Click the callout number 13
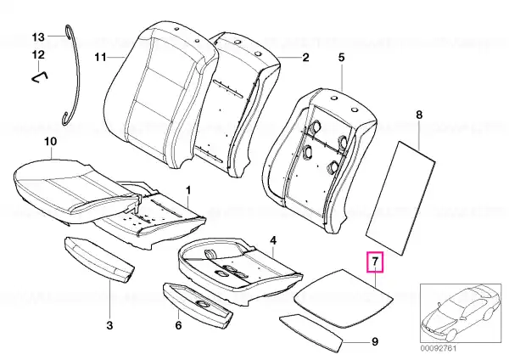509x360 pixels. point(38,37)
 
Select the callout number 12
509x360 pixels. point(38,54)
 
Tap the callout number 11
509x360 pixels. point(100,57)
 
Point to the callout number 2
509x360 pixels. point(305,58)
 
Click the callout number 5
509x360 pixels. point(341,58)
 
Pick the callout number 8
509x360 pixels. point(419,115)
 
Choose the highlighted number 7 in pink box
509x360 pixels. point(375,262)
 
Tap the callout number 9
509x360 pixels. point(375,342)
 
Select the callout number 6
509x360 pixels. point(178,325)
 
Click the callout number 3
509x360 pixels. point(109,325)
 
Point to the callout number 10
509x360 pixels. point(51,141)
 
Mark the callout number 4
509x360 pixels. point(273,241)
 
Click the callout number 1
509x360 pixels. point(188,190)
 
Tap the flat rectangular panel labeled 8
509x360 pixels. point(400,197)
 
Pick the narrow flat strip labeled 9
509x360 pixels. point(311,333)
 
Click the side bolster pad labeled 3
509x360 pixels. point(99,260)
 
